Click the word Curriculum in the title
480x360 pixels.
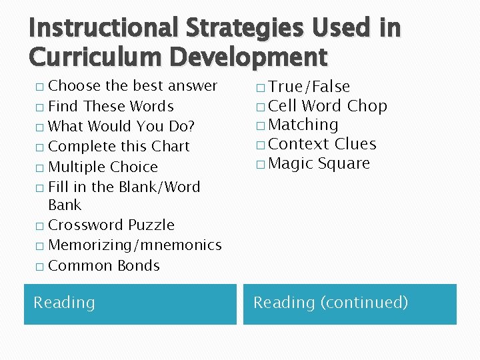pos(91,57)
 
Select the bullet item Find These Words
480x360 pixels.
pos(111,106)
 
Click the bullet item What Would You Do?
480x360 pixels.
pos(121,126)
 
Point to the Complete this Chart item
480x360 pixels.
pos(119,146)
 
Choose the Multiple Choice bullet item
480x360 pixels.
pos(103,167)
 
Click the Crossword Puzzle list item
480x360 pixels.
pos(111,225)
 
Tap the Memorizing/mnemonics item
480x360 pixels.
pos(135,245)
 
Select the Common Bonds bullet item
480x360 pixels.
pos(104,265)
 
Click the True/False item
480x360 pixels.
pos(309,87)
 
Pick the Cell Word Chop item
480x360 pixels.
pos(327,106)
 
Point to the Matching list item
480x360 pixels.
pos(303,125)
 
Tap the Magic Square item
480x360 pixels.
pos(318,163)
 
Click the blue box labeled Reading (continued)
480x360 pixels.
pos(349,304)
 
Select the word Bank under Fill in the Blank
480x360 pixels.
pos(65,205)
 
